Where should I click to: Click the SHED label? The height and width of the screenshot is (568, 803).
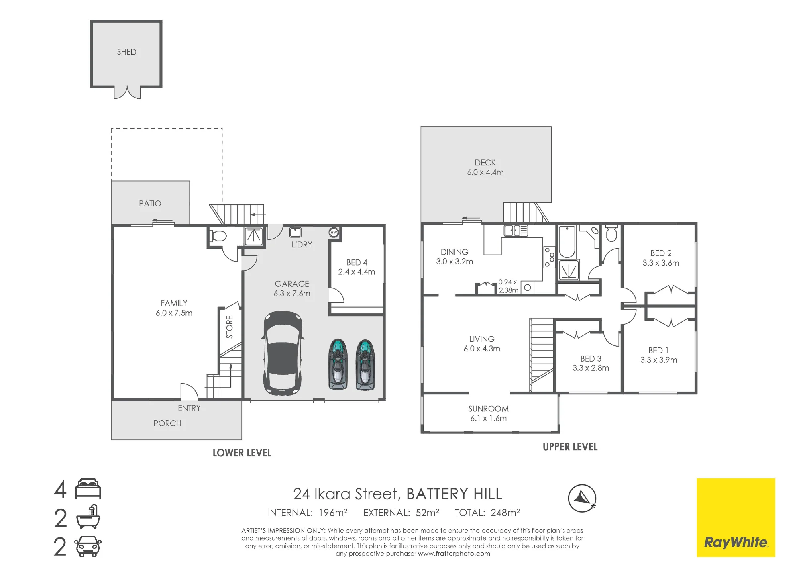[x=126, y=52]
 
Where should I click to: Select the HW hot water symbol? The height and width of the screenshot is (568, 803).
[x=334, y=232]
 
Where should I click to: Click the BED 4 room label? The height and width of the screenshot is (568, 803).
[x=357, y=262]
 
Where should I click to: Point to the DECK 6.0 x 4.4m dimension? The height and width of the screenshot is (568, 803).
[x=485, y=172]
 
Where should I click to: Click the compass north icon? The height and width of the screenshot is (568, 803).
[x=582, y=499]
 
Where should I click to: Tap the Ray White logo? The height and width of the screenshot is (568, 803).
[x=736, y=517]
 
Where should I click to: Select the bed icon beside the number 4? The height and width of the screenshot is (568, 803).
[x=88, y=489]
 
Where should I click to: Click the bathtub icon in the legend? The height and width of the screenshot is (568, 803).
[x=88, y=517]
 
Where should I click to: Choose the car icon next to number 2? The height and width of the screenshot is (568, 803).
[x=88, y=546]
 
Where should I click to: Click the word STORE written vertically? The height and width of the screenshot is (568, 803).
[x=230, y=327]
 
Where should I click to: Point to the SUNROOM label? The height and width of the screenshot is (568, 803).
[x=488, y=409]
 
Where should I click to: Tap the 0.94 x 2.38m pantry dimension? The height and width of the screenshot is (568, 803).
[x=508, y=286]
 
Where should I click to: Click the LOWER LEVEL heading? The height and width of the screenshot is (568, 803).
[x=242, y=453]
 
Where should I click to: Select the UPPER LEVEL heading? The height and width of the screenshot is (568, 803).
[x=570, y=447]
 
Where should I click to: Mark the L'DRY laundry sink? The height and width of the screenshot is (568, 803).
[x=296, y=232]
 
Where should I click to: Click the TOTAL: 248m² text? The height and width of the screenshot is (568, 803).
[x=487, y=513]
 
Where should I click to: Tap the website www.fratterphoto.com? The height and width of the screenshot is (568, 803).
[x=454, y=554]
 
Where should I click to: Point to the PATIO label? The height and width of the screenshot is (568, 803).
[x=150, y=204]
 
